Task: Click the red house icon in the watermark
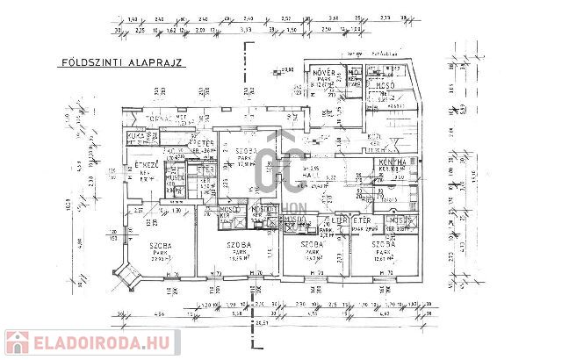click(17, 343)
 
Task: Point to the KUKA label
click(136, 137)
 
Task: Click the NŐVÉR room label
click(322, 72)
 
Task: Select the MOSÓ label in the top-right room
click(385, 87)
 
